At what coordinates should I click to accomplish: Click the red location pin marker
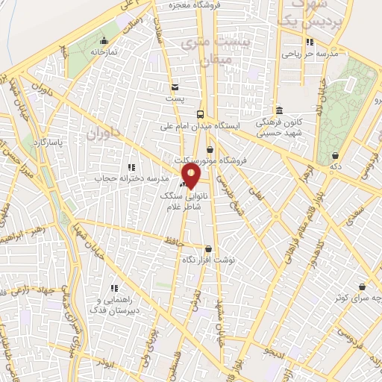coord(191,177)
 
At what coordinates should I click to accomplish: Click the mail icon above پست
coord(175,86)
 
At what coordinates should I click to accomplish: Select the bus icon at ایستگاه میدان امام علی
coord(200,114)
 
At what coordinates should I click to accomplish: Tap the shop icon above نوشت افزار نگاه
coord(208,249)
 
